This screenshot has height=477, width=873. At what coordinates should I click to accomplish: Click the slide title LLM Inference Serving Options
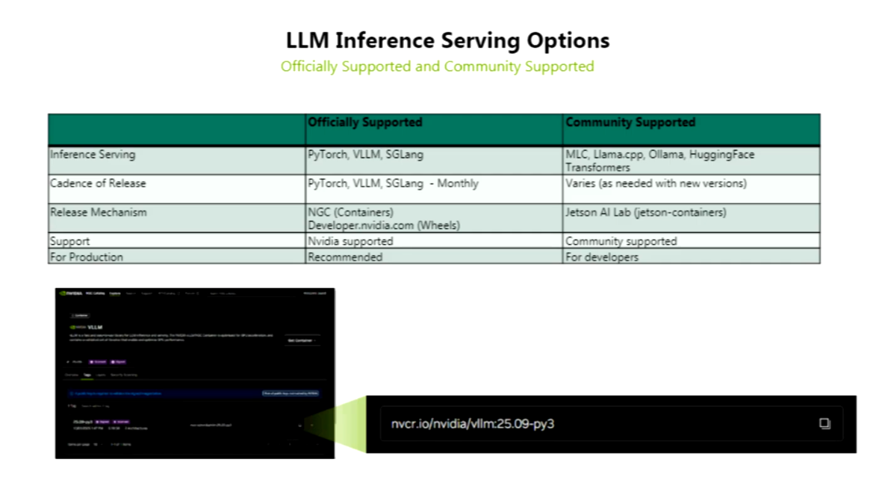pyautogui.click(x=448, y=40)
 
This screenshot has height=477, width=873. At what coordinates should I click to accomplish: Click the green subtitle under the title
pyautogui.click(x=437, y=66)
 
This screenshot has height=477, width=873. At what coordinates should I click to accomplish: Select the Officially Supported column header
pyautogui.click(x=365, y=122)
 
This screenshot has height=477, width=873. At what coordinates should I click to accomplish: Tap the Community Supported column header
pyautogui.click(x=630, y=122)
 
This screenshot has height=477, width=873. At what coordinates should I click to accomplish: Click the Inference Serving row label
pyautogui.click(x=93, y=155)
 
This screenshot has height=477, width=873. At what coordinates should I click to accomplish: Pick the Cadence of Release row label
pyautogui.click(x=98, y=184)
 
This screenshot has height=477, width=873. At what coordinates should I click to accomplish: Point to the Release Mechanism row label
pyautogui.click(x=99, y=213)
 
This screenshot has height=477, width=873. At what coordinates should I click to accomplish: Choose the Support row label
pyautogui.click(x=69, y=242)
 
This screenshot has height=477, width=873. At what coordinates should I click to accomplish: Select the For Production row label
pyautogui.click(x=87, y=257)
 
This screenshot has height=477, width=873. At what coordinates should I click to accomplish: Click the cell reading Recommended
pyautogui.click(x=345, y=257)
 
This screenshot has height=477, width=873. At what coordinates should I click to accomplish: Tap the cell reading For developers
pyautogui.click(x=602, y=257)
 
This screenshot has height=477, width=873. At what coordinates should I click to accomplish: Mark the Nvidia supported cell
pyautogui.click(x=350, y=242)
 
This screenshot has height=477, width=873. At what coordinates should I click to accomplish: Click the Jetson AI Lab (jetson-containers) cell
pyautogui.click(x=645, y=213)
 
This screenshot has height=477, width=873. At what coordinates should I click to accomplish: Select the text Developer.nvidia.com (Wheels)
pyautogui.click(x=384, y=225)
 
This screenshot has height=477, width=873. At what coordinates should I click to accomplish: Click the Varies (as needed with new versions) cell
pyautogui.click(x=656, y=184)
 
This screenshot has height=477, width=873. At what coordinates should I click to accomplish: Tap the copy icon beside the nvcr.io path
pyautogui.click(x=824, y=423)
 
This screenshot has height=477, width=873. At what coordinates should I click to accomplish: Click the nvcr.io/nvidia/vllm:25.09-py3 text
pyautogui.click(x=473, y=424)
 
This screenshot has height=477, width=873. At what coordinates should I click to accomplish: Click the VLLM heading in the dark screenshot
pyautogui.click(x=95, y=327)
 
